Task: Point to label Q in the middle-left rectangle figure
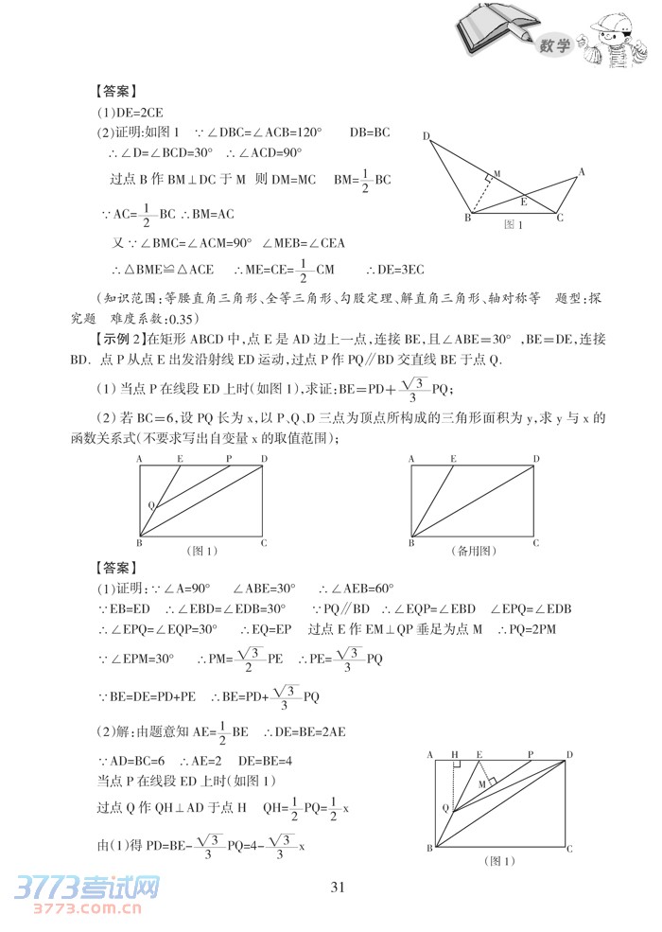point(150,504)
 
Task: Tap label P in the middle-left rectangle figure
point(229,458)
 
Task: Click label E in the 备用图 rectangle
point(453,458)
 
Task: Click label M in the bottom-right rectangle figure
point(483,784)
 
